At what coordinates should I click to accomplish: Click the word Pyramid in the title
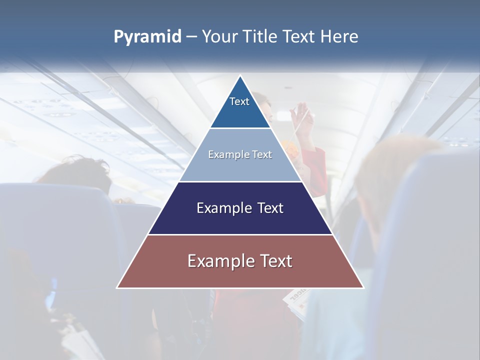coord(147,37)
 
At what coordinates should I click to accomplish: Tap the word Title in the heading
coord(261,37)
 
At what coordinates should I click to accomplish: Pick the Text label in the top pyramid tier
coord(239,101)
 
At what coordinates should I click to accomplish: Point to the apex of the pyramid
coord(240,76)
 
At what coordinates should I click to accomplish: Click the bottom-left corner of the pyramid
coord(117,287)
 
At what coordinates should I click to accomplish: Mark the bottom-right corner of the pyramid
coord(363,287)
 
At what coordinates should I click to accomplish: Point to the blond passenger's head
coord(395,160)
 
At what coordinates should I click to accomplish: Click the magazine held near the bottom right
coord(295,302)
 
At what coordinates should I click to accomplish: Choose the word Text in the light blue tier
coord(262,155)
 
